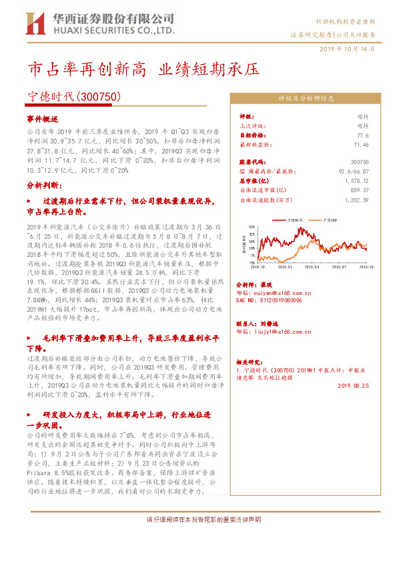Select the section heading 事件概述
pyautogui.click(x=43, y=117)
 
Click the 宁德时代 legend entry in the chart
pyautogui.click(x=294, y=219)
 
